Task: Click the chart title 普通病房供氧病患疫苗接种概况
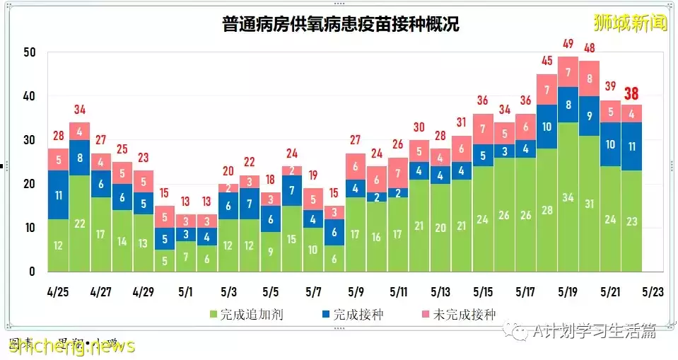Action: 340,25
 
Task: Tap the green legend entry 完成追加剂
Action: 247,315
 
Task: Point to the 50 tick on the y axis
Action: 28,52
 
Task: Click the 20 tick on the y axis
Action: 28,184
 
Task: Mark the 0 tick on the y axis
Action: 32,272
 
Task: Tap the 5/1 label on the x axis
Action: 187,291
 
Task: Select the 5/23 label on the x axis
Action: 653,291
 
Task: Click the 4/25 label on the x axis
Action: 59,291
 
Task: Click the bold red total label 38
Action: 631,94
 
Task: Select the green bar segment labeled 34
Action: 568,197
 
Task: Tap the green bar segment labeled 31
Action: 589,204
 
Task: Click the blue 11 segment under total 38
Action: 631,146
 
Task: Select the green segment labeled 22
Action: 80,223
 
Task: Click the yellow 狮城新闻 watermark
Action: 630,23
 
